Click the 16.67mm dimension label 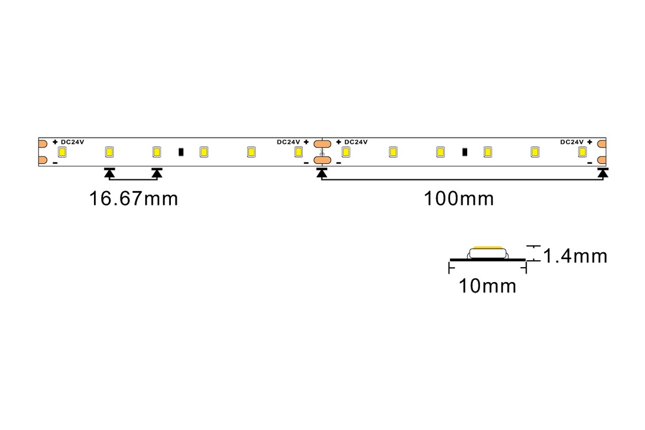point(133,199)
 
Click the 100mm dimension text point(459,199)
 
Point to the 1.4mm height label point(575,256)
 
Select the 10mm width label point(487,286)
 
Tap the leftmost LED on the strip point(62,152)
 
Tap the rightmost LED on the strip point(582,152)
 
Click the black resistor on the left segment point(181,152)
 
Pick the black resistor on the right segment point(464,152)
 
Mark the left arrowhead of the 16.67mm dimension point(110,172)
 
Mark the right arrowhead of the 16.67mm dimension point(157,172)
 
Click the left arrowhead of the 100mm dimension point(322,172)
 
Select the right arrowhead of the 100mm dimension point(602,172)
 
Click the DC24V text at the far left point(73,142)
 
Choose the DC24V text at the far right point(572,142)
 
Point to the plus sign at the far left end point(55,142)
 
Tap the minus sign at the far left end point(55,163)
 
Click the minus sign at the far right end point(589,163)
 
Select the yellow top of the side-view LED point(487,248)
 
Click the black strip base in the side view point(487,260)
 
